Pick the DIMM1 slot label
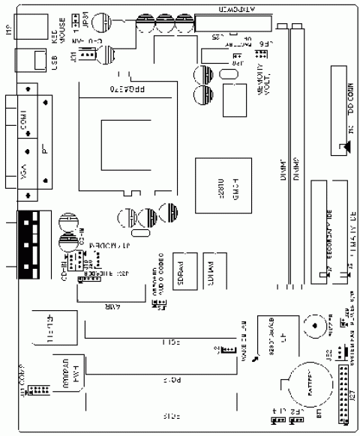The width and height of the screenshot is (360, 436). coord(283,170)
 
